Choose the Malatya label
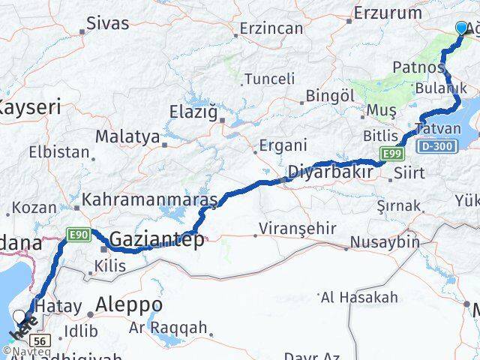pyautogui.click(x=127, y=137)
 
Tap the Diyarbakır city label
pyautogui.click(x=330, y=172)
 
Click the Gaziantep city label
pyautogui.click(x=156, y=240)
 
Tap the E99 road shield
pyautogui.click(x=389, y=154)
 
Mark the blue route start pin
pyautogui.click(x=460, y=28)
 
